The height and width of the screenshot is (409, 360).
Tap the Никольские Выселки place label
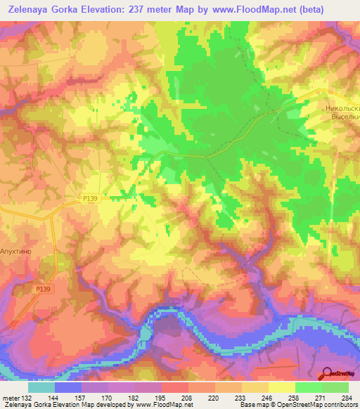click(342, 113)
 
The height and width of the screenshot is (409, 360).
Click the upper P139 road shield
click(90, 199)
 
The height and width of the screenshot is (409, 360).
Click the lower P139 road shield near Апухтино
click(41, 287)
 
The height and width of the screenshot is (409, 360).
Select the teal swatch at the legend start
click(41, 387)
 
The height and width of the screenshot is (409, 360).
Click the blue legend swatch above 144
click(68, 387)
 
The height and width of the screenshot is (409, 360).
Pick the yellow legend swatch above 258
click(282, 387)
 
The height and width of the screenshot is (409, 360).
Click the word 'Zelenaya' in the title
click(32, 10)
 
